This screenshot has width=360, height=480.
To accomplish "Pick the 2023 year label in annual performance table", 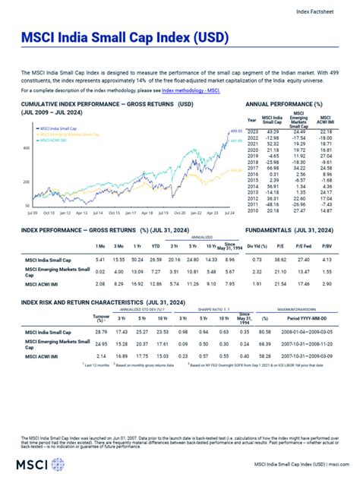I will (x=252, y=131).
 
